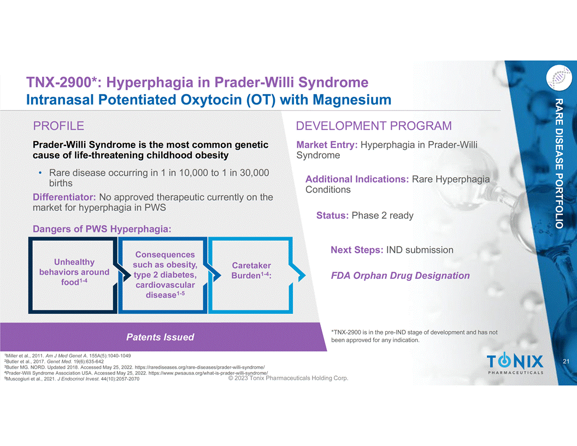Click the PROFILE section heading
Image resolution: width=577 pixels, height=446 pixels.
point(58,126)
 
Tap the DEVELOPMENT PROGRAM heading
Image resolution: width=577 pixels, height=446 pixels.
point(374,126)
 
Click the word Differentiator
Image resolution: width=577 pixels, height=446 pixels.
point(64,197)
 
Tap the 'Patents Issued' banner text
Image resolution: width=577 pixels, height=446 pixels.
point(160,337)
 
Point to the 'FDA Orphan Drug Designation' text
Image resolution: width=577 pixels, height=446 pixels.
point(401,275)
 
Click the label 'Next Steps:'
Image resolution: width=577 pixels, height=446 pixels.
point(357,250)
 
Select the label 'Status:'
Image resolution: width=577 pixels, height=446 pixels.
point(332,215)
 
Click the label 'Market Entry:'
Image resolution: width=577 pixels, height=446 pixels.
point(327,145)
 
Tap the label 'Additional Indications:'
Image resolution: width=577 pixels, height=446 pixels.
point(357,179)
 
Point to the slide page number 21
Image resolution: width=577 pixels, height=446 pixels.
point(566,361)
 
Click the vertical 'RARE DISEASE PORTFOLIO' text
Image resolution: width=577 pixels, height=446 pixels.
point(559,163)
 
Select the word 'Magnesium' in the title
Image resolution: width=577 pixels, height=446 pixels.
point(352,99)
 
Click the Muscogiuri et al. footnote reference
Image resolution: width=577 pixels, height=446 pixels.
point(72,379)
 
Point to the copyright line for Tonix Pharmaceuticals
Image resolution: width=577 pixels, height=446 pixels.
point(288,378)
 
